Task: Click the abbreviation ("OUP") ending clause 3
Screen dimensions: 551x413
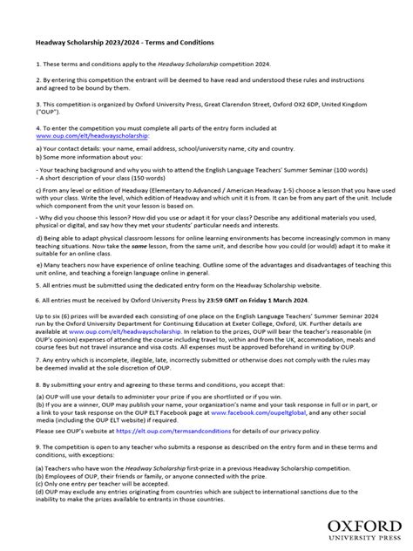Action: pyautogui.click(x=48, y=111)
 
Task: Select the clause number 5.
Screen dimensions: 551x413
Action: pyautogui.click(x=37, y=284)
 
